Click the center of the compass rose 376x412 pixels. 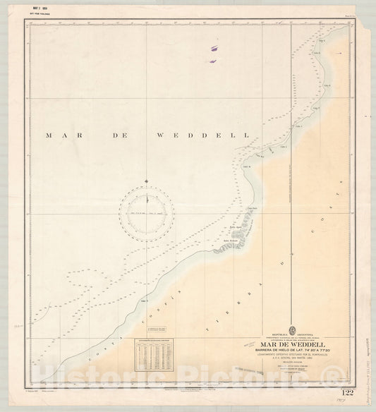point(147,210)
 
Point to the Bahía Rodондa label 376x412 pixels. point(232,239)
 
